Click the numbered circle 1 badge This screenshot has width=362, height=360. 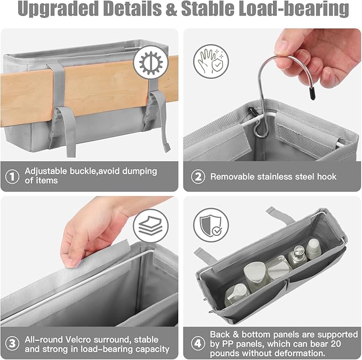pyautogui.click(x=12, y=176)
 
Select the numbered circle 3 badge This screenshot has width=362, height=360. pyautogui.click(x=12, y=344)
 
